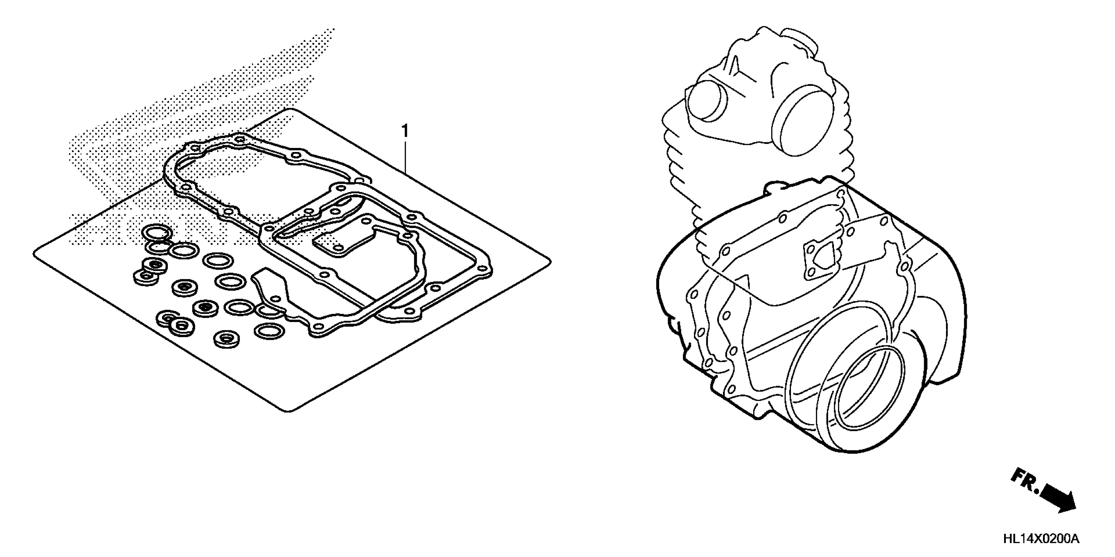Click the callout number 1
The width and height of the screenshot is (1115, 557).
click(405, 131)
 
